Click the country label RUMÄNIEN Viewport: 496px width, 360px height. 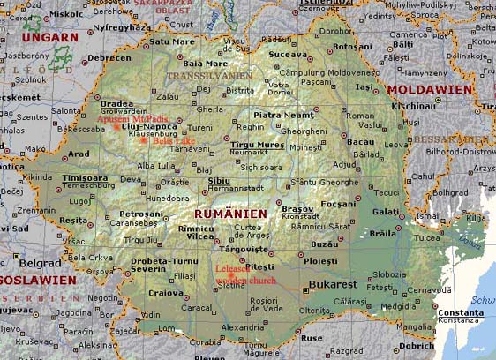(x=229, y=214)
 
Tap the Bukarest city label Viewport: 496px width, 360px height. (x=333, y=284)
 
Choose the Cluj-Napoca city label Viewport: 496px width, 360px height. (x=143, y=127)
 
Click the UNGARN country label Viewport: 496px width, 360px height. (x=44, y=37)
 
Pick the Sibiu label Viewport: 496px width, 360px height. (x=218, y=180)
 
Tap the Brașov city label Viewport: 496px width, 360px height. (x=297, y=208)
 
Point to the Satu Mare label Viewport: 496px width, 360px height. (x=171, y=41)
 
